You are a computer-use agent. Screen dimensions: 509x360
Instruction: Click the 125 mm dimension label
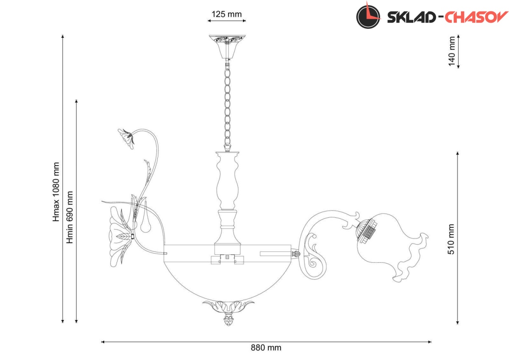click(x=227, y=14)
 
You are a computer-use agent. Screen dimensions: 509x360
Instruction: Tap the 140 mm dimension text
click(x=452, y=51)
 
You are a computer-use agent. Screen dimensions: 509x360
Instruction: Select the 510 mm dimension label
click(x=451, y=239)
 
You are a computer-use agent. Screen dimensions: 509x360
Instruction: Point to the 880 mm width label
click(x=266, y=348)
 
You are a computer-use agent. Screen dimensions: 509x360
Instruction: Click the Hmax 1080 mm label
click(x=56, y=192)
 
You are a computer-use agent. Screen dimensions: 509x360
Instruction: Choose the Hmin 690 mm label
click(x=70, y=217)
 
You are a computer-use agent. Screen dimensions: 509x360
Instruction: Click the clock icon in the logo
click(x=368, y=16)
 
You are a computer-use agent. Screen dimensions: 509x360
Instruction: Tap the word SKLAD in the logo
click(x=411, y=17)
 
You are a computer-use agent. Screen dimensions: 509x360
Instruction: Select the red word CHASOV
click(x=476, y=17)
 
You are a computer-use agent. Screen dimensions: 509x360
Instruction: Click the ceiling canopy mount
click(x=227, y=47)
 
